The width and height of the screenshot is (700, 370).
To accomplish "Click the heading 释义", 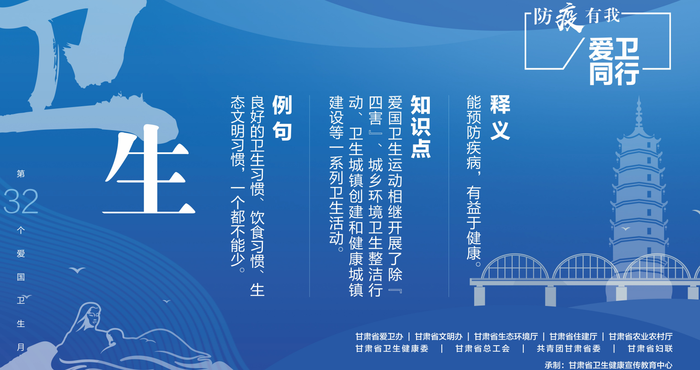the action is pos(500,117).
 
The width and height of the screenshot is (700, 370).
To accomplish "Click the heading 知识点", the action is pos(420,127).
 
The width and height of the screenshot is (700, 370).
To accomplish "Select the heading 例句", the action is pos(282,117).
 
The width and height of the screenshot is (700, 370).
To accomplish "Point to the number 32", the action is pos(20,201).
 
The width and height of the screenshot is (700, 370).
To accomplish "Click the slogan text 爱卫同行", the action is pos(614,61).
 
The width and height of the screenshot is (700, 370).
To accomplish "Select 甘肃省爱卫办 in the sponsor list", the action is pos(379,337).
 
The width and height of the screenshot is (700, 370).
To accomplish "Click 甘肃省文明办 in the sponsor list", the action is pos(438,337).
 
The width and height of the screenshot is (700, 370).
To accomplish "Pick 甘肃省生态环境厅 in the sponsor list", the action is pos(506,337).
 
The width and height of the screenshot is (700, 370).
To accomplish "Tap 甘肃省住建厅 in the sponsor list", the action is pos(573,337).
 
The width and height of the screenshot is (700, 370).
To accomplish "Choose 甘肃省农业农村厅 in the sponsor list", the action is pos(641,337).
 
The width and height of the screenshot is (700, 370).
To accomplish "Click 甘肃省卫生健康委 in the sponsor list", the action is pos(392,348).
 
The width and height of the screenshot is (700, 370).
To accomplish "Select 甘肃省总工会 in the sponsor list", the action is pos(482,348).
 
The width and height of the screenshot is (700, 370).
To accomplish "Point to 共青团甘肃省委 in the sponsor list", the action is pos(569,348).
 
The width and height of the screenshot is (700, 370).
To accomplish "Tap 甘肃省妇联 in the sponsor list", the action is pos(650,348).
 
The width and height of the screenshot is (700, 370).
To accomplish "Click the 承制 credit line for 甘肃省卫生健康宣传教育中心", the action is pos(608,365).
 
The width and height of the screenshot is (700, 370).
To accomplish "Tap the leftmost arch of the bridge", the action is pos(514,256).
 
